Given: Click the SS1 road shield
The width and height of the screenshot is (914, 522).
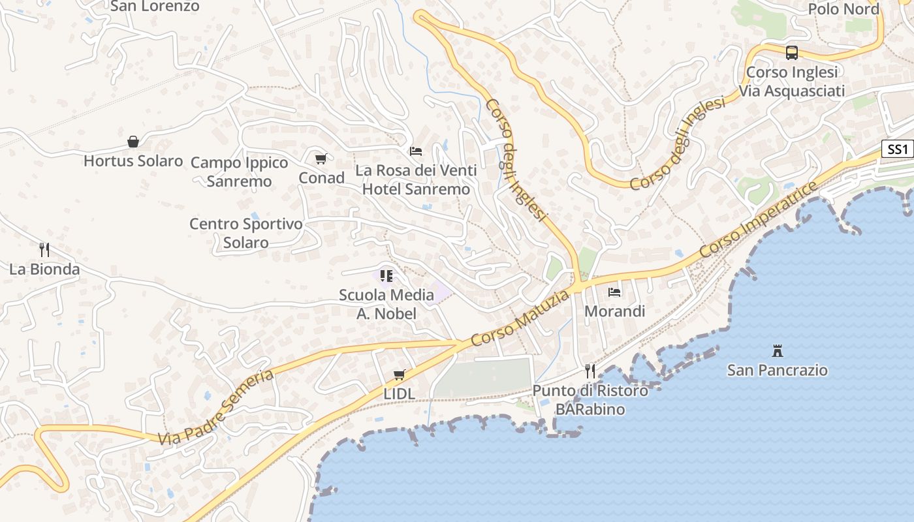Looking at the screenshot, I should (898, 149).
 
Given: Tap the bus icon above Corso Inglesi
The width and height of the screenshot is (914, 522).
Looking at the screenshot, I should (792, 53).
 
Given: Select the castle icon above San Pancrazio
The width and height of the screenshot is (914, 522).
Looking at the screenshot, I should (778, 351).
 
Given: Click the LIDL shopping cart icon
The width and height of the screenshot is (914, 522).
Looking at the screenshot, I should (400, 375).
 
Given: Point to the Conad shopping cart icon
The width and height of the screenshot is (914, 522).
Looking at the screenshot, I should (321, 159).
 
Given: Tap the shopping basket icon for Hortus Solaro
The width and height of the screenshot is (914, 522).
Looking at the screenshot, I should (133, 142).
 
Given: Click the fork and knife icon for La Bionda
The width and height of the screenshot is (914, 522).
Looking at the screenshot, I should (44, 250).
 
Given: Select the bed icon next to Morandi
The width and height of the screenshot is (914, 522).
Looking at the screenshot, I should (614, 292).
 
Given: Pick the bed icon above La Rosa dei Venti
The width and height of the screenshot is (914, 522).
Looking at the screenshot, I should (416, 151).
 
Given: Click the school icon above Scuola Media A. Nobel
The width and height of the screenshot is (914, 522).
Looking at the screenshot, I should (386, 276).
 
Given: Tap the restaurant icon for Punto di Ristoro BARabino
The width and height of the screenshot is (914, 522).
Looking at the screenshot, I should (590, 371).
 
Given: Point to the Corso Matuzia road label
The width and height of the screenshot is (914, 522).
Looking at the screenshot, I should (520, 320).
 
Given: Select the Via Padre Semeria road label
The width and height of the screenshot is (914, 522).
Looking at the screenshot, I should (216, 408).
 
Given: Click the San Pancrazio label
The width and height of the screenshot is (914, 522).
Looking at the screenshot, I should (778, 370).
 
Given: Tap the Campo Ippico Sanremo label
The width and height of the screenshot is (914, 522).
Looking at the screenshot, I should (239, 172).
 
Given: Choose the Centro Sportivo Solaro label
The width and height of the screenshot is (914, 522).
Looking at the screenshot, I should (246, 233).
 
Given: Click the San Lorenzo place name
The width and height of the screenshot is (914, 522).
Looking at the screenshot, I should (155, 7).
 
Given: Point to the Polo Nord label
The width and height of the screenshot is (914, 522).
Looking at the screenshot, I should (844, 8).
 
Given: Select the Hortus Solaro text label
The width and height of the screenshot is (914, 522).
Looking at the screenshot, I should (133, 161).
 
